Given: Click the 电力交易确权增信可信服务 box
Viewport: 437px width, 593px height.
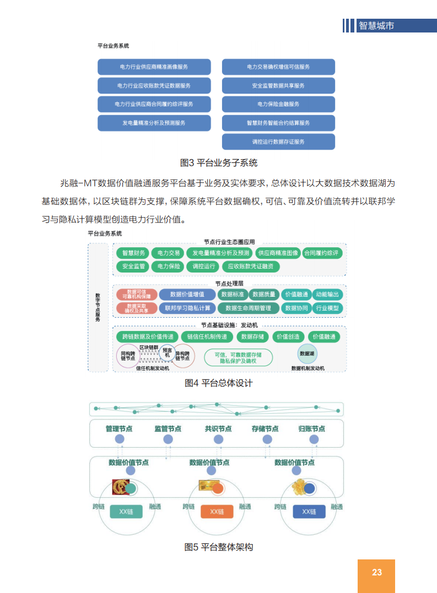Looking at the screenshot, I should pos(278,67).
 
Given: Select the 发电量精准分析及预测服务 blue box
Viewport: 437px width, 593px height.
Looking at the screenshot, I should pos(154,123).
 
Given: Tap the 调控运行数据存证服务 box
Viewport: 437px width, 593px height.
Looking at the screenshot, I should pos(278,142).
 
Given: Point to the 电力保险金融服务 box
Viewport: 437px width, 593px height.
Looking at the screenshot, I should pos(278,104).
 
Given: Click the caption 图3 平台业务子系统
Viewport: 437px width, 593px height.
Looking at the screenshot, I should pos(219,163).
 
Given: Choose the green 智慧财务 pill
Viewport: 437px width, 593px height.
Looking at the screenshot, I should pos(133,253).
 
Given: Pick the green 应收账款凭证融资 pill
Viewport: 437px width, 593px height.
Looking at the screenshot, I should pos(253,266).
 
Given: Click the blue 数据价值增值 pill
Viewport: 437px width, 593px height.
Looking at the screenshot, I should pos(187,295).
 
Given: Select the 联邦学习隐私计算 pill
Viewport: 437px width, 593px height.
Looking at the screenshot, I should pos(187,308).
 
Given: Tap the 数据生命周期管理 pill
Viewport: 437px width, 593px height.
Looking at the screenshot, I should pos(248,308).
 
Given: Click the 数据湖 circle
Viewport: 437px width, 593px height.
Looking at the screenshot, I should pos(307,353).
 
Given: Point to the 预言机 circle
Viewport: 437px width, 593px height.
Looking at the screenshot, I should pos(167,352).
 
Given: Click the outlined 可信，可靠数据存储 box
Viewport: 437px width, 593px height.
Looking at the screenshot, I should pos(238,357).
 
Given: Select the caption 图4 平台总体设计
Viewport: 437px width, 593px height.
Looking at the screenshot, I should pos(219,383).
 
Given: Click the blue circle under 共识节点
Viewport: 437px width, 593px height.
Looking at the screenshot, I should pos(219,439).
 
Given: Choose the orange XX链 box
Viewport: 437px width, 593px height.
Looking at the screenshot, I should pos(217,512).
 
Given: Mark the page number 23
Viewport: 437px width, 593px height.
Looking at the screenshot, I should pos(376,573).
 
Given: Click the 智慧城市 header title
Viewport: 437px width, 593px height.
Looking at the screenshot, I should pos(376,25).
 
